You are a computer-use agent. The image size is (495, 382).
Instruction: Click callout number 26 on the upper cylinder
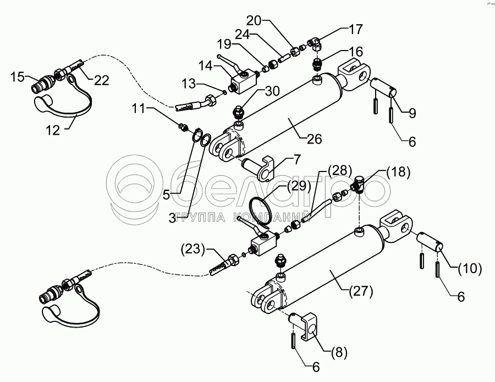click(x=315, y=139)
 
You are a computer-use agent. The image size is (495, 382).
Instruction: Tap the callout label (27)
click(x=361, y=291)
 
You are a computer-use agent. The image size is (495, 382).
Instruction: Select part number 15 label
click(x=18, y=76)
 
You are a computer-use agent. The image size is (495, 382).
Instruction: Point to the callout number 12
click(x=52, y=130)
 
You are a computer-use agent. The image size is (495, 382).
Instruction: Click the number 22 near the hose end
click(x=102, y=80)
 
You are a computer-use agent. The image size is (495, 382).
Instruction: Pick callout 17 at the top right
click(x=356, y=29)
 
